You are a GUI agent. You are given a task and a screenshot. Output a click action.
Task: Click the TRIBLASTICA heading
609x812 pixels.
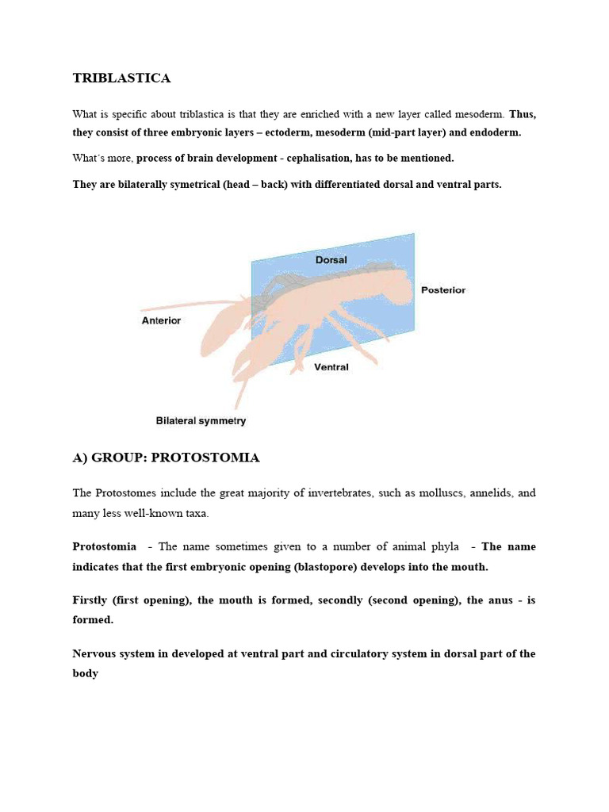coord(121,78)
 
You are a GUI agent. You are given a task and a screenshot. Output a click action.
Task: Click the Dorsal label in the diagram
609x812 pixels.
coord(331,259)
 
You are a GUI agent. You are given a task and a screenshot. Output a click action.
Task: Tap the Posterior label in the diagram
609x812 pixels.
coord(443,289)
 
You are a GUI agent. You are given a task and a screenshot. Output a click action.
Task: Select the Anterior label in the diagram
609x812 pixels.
coord(161,320)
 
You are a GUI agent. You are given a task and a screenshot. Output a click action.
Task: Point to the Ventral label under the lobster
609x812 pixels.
coord(331,367)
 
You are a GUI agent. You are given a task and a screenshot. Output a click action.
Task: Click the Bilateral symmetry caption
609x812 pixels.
coord(201,421)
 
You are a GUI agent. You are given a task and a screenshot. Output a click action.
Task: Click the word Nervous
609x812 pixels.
coord(95,654)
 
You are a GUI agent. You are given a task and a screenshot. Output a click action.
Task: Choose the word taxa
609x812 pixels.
coord(193,513)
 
